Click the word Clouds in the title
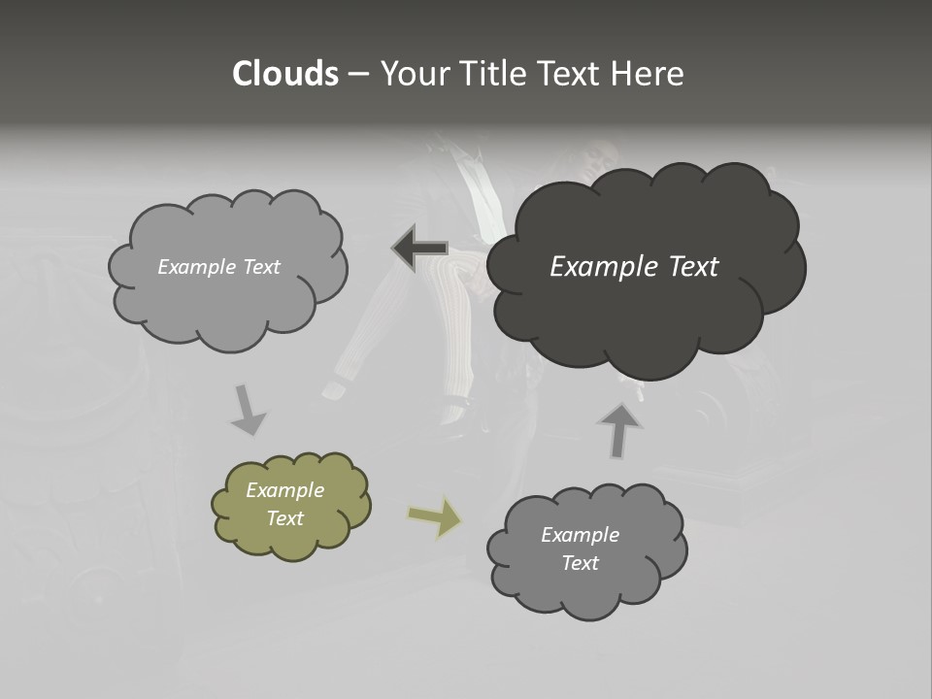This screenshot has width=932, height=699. click(x=284, y=74)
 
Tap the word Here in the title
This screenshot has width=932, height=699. click(x=649, y=74)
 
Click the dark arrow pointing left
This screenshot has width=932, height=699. click(x=419, y=249)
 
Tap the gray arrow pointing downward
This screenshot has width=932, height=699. click(x=248, y=411)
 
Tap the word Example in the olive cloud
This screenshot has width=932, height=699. click(x=284, y=490)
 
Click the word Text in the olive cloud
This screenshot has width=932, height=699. click(x=285, y=518)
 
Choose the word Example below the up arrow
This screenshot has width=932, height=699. click(x=580, y=535)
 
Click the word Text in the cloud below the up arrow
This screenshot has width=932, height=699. click(x=580, y=563)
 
